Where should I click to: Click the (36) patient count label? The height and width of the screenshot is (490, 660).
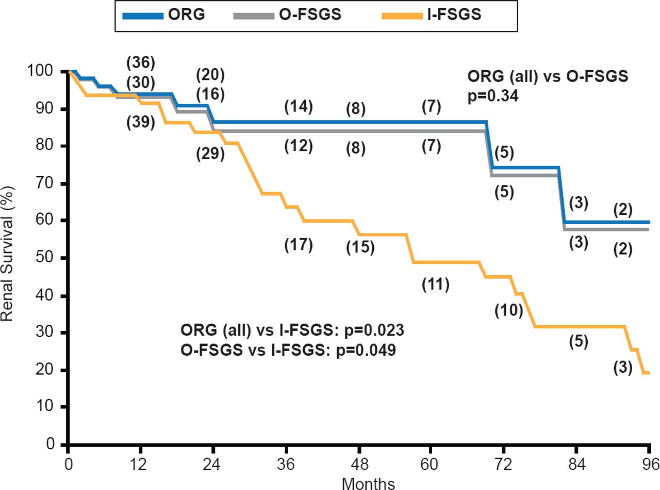pyautogui.click(x=140, y=62)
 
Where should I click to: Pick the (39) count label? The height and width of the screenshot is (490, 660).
pyautogui.click(x=140, y=122)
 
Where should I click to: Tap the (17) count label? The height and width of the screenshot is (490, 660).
pyautogui.click(x=299, y=245)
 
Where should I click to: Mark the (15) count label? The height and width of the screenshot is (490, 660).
pyautogui.click(x=360, y=248)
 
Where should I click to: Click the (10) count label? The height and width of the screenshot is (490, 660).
pyautogui.click(x=508, y=310)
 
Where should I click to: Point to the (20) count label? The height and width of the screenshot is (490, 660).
pyautogui.click(x=209, y=75)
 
